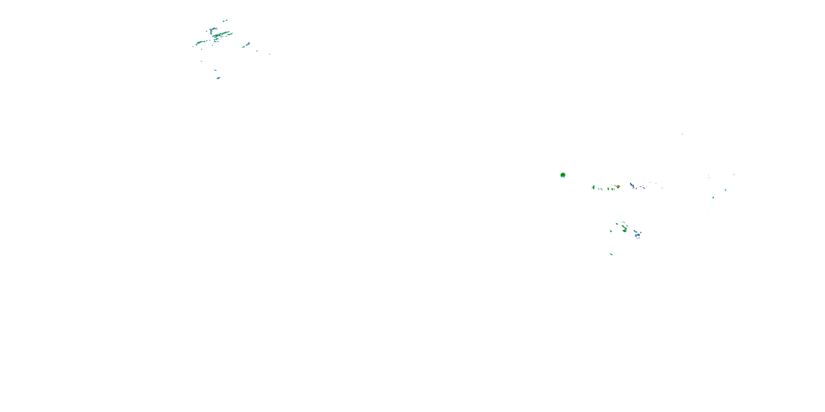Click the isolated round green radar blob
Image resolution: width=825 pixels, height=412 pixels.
[x=563, y=175]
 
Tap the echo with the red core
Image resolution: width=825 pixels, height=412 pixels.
[x=618, y=186]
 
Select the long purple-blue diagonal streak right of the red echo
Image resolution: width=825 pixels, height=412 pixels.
[x=632, y=185]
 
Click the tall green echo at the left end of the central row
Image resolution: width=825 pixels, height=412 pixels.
[x=593, y=187]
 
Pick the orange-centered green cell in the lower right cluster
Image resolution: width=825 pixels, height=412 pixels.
[x=624, y=229]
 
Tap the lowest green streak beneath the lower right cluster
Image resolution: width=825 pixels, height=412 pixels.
[x=611, y=254]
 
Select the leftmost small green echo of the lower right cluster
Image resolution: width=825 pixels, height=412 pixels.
[x=611, y=231]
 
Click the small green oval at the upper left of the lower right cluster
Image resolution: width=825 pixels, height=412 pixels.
[x=617, y=224]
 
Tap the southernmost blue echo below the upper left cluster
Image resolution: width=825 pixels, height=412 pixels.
[x=218, y=78]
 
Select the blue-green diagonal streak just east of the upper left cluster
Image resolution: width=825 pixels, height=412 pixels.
[x=247, y=45]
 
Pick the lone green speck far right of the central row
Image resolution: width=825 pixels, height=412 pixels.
[x=713, y=197]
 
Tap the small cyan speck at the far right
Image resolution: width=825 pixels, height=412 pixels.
[x=725, y=190]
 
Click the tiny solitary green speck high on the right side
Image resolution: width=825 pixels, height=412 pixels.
[x=682, y=134]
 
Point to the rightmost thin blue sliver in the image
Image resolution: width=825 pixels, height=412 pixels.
[x=734, y=175]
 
